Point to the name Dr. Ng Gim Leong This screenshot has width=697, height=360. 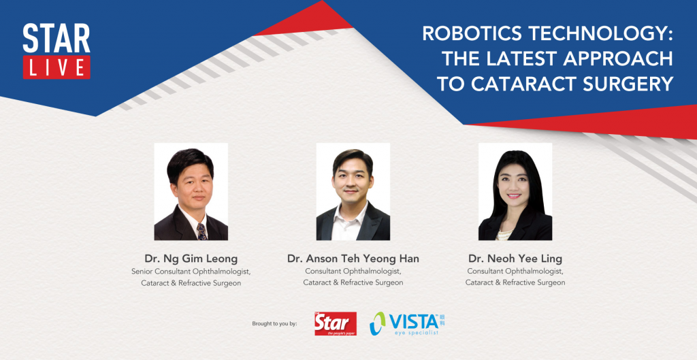pyautogui.click(x=191, y=258)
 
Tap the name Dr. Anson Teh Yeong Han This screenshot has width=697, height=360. pyautogui.click(x=353, y=258)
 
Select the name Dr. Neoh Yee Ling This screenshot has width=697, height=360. pyautogui.click(x=515, y=258)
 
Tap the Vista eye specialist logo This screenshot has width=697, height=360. pyautogui.click(x=407, y=323)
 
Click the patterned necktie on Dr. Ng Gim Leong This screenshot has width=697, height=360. pyautogui.click(x=201, y=231)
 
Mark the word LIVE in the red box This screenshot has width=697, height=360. pyautogui.click(x=56, y=67)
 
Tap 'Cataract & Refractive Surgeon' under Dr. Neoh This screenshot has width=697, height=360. pyautogui.click(x=515, y=282)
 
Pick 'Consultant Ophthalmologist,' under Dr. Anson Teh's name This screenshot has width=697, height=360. pyautogui.click(x=353, y=271)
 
